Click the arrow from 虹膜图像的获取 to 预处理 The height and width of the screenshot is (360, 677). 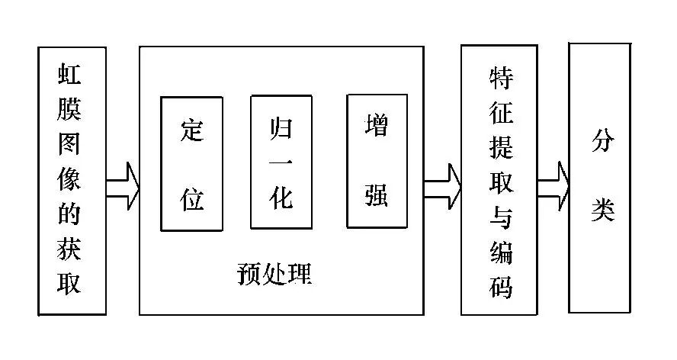122,185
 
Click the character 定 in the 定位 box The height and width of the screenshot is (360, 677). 191,130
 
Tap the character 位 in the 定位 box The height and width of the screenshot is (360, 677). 191,198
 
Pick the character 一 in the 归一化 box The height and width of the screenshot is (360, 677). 281,162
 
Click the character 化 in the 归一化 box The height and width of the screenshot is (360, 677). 281,198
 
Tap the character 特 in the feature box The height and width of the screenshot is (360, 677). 499,78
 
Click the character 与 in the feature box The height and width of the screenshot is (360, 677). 499,219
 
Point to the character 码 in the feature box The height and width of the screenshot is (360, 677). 499,288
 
